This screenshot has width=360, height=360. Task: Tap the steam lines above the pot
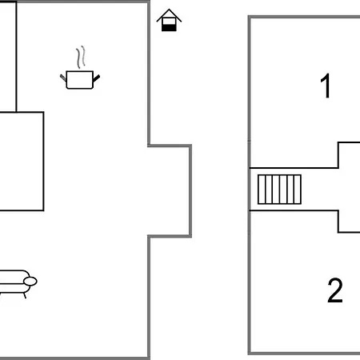81,57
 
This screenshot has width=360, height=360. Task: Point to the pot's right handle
96,78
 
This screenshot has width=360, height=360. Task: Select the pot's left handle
63,78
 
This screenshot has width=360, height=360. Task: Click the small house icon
169,20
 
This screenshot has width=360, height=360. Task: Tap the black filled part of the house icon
169,27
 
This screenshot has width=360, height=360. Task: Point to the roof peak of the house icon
169,10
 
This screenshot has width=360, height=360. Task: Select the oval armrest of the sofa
30,282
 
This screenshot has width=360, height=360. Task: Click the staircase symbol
279,190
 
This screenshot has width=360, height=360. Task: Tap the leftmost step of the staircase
262,190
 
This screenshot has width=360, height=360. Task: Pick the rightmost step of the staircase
298,190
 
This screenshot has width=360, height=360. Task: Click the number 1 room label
326,86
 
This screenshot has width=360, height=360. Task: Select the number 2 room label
335,290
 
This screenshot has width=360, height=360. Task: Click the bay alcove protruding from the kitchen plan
170,190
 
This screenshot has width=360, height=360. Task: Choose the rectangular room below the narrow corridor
22,162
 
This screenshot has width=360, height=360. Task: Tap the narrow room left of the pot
8,57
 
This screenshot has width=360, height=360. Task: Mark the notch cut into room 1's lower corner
349,155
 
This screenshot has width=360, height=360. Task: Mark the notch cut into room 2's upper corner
349,222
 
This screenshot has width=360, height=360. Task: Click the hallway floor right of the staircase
330,190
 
